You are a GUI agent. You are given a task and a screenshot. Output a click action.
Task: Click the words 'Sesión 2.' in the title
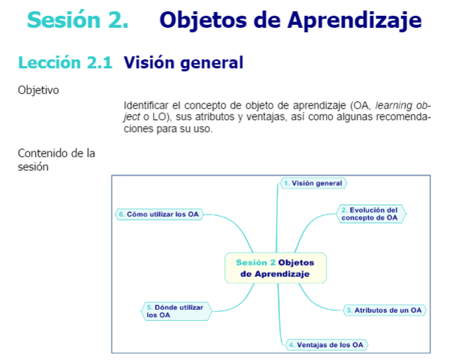pyautogui.click(x=77, y=20)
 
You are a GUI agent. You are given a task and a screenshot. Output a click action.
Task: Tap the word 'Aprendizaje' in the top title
pyautogui.click(x=356, y=20)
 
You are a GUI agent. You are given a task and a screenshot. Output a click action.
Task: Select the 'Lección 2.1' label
pyautogui.click(x=65, y=63)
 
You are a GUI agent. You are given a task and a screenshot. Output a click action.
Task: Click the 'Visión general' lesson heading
pyautogui.click(x=183, y=63)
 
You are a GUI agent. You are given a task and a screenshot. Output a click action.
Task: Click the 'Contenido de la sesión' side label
pyautogui.click(x=56, y=160)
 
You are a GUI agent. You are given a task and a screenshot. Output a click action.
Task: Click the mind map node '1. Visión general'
pyautogui.click(x=313, y=183)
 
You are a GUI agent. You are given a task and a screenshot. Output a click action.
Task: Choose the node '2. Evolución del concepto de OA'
pyautogui.click(x=370, y=214)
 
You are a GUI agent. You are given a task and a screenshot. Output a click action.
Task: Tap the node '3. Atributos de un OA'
pyautogui.click(x=385, y=310)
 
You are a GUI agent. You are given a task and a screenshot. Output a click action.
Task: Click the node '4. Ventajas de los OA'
pyautogui.click(x=327, y=345)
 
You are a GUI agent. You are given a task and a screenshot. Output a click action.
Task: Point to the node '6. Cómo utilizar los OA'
pyautogui.click(x=158, y=214)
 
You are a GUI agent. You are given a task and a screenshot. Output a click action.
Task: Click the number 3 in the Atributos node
pyautogui.click(x=349, y=310)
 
